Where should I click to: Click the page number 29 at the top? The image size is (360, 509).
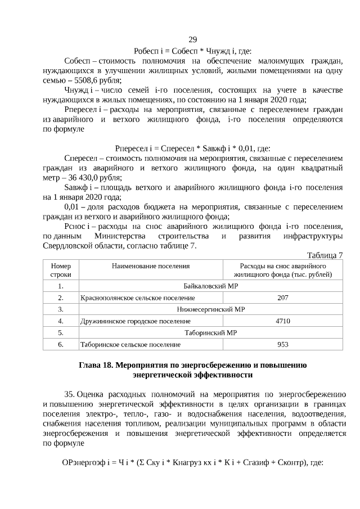coord(192,39)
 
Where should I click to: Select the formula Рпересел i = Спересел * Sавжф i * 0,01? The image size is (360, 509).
coord(192,148)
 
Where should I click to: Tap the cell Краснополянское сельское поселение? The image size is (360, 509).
coord(138,298)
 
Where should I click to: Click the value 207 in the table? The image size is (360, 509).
coord(283,298)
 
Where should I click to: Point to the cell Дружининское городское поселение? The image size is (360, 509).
coord(136,321)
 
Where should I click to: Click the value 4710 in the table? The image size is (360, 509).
coord(283,321)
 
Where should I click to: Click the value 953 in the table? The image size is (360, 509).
coord(283,344)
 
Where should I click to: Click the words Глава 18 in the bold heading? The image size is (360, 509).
coord(96,365)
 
